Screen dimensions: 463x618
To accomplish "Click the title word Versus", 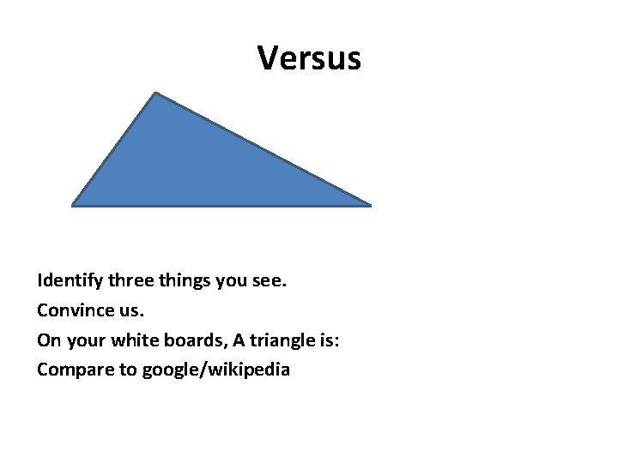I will (309, 58).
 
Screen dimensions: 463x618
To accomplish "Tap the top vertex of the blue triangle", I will (155, 93).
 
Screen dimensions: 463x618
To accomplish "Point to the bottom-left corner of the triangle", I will (74, 205).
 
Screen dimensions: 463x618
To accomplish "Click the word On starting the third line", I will (48, 340).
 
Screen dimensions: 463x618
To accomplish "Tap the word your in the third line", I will (81, 340).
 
